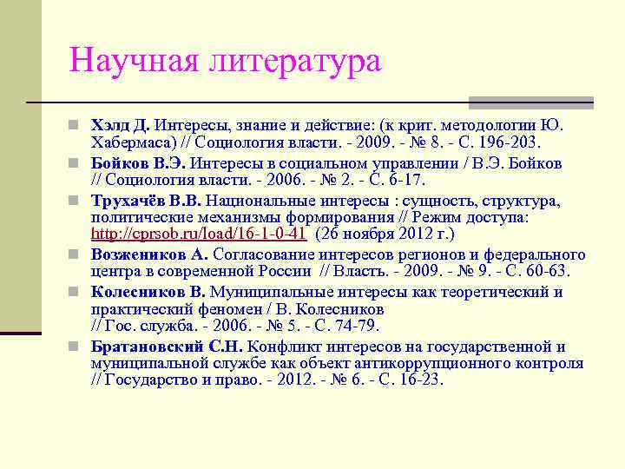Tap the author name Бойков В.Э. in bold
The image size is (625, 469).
pyautogui.click(x=138, y=163)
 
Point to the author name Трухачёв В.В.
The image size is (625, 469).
pyautogui.click(x=147, y=201)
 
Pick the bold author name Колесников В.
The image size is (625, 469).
pyautogui.click(x=148, y=292)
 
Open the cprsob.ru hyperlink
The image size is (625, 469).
pyautogui.click(x=199, y=233)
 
